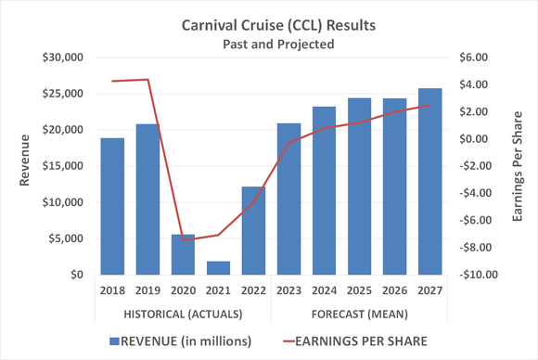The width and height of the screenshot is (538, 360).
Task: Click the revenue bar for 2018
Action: [112, 206]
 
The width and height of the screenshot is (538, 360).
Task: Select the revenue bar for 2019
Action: [147, 199]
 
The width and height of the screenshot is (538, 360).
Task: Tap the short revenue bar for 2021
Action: [218, 268]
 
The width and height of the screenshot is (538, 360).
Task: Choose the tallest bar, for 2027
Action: [429, 182]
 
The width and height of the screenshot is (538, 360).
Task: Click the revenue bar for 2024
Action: [324, 190]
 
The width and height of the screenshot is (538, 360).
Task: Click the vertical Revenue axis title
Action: [25, 165]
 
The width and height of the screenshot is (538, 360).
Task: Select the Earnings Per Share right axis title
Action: [516, 165]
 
